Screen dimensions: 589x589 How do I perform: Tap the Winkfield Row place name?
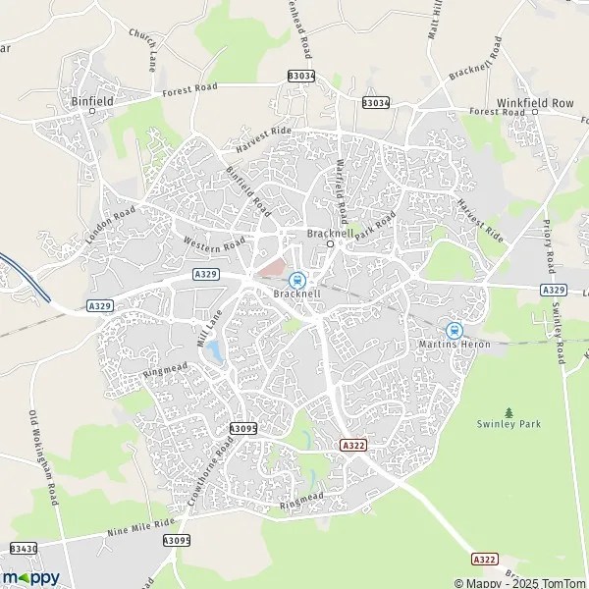(x=534, y=102)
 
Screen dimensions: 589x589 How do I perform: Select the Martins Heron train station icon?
(x=454, y=331)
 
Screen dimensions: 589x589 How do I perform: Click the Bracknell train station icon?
(x=296, y=280)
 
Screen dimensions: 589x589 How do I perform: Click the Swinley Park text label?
(x=509, y=424)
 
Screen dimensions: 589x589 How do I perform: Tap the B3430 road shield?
(x=24, y=548)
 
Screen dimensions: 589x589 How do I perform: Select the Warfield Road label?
(x=342, y=191)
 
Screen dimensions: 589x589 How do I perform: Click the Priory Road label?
(x=547, y=241)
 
